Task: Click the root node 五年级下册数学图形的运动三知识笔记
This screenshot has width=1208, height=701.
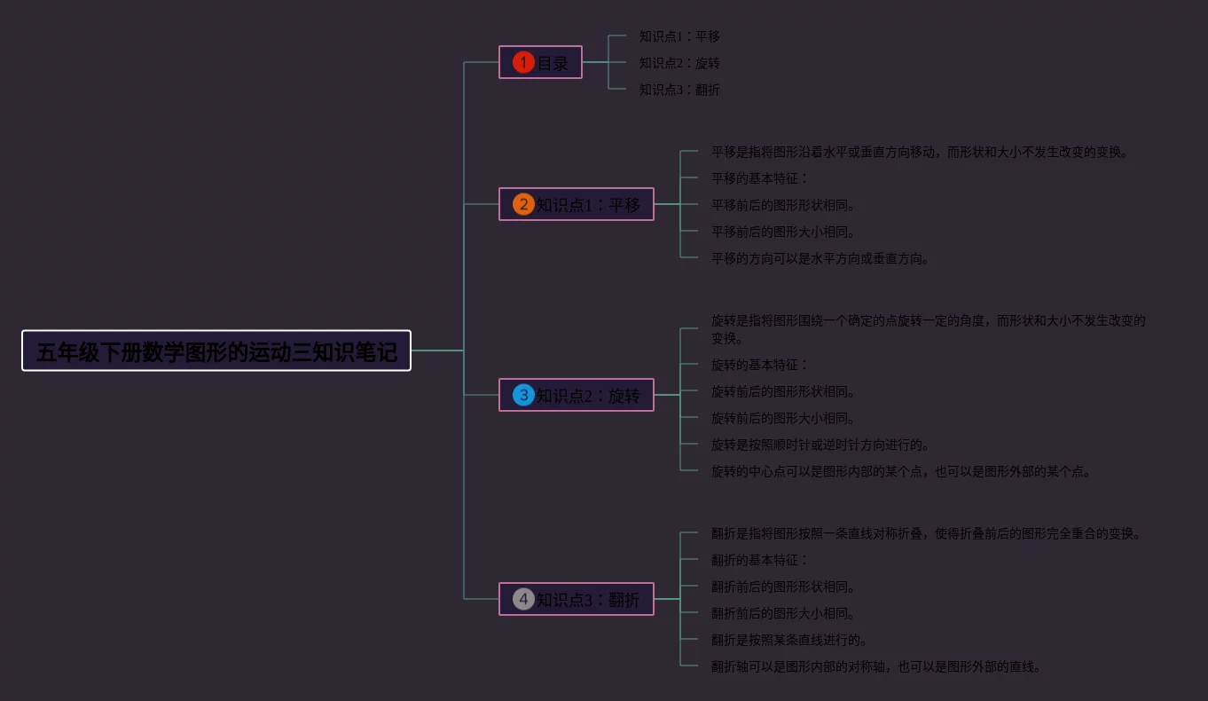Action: point(216,350)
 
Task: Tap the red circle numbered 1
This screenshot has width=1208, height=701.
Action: point(523,63)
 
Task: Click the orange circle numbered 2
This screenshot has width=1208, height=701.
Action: point(523,205)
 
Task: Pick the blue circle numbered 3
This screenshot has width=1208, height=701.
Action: point(523,396)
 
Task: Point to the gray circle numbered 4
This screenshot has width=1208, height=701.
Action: point(523,600)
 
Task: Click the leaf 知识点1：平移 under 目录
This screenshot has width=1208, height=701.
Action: point(679,36)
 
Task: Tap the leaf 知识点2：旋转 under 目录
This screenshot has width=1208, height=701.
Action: point(679,63)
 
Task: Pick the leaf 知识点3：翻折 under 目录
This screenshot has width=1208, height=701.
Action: point(679,90)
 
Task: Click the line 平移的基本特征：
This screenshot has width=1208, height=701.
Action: point(760,178)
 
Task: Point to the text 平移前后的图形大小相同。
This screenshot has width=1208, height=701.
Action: point(783,232)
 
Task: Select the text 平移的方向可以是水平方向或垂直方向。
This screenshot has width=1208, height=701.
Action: point(820,258)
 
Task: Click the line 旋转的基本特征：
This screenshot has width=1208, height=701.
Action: point(760,365)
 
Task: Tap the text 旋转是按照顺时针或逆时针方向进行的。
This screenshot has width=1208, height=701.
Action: point(820,445)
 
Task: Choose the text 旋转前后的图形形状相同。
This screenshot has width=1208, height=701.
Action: point(783,391)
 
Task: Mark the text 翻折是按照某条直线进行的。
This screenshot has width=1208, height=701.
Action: point(789,640)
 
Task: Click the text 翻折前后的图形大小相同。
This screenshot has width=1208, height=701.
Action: point(783,613)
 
